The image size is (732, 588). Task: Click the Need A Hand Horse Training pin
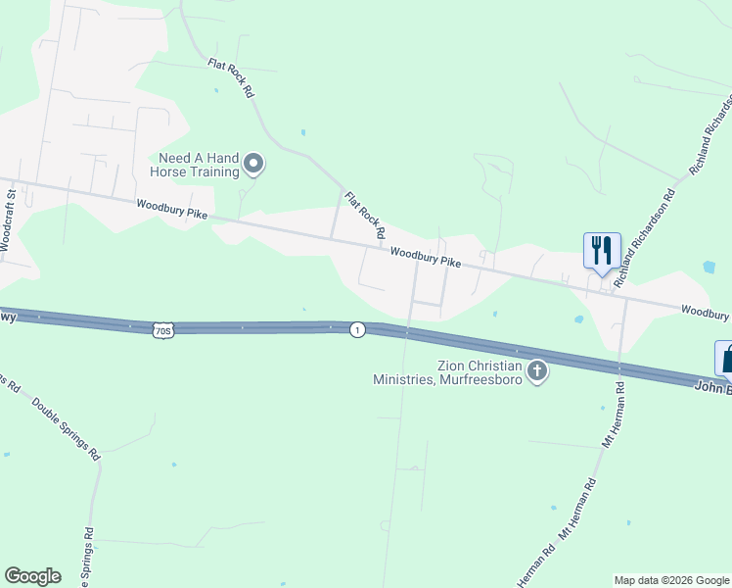pos(253,164)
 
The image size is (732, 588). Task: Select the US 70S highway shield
pos(163,330)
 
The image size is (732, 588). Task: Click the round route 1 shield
pos(358,330)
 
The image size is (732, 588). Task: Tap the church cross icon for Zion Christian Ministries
pos(536,371)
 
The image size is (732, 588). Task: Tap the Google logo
pos(32,576)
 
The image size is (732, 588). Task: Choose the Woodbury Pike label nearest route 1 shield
pos(425,257)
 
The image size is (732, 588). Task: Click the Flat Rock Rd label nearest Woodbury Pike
pos(365,216)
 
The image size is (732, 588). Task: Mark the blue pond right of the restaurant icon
pos(709,267)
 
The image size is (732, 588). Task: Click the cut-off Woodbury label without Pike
pos(706,312)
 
